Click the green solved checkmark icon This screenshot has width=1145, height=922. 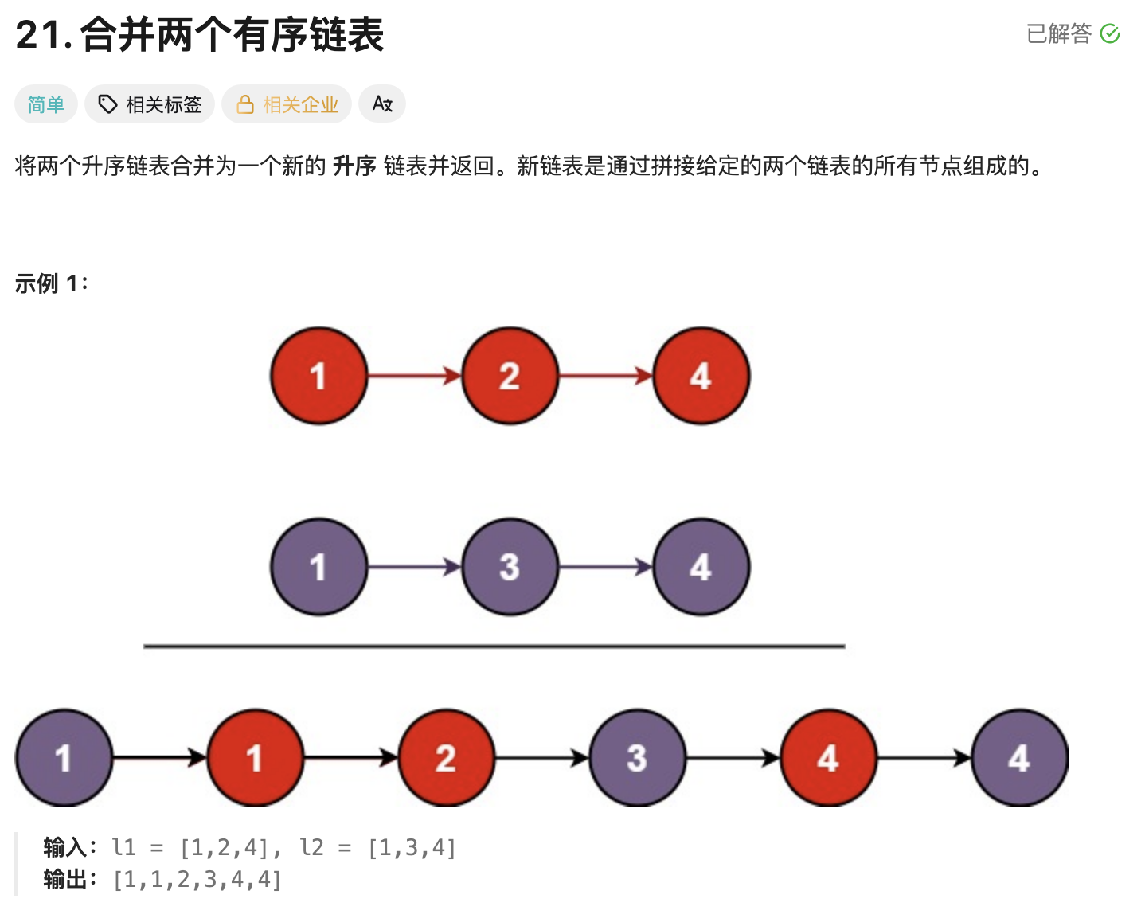point(1109,33)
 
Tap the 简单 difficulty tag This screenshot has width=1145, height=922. point(46,104)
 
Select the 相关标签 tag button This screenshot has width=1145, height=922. point(150,104)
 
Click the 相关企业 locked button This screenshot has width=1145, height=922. point(287,104)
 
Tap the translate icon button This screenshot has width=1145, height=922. point(382,104)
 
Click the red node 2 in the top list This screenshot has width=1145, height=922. point(510,376)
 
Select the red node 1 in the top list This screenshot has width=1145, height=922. point(318,376)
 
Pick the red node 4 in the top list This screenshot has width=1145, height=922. point(701,376)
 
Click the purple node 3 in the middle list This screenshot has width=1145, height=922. point(510,567)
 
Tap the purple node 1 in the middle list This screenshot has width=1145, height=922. point(318,567)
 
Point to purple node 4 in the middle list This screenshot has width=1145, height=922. point(701,567)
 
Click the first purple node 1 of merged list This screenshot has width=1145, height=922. point(64,758)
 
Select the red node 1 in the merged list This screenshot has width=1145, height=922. point(255,758)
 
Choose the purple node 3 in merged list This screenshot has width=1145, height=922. point(637,758)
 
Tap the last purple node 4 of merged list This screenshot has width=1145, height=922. point(1019,758)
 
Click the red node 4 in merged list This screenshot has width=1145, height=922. point(828,758)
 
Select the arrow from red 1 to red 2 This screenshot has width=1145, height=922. point(414,376)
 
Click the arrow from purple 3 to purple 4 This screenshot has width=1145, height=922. point(605,567)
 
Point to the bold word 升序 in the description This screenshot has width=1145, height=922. point(354,166)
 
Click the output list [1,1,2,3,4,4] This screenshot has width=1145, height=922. point(197,880)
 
